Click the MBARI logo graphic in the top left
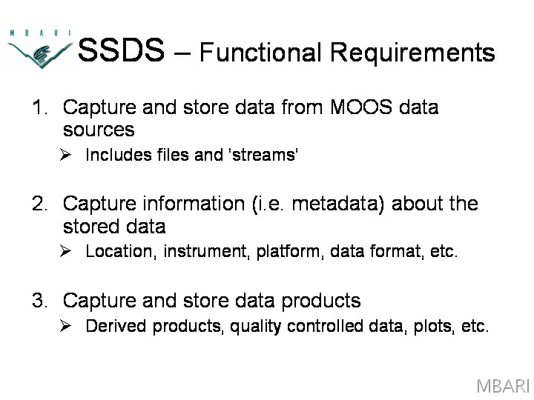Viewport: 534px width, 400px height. (40, 50)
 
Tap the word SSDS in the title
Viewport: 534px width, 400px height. (121, 50)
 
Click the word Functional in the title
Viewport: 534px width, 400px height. (260, 52)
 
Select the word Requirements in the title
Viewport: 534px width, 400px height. (412, 53)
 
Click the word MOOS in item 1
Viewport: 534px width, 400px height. (361, 107)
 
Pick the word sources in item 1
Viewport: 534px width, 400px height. (99, 130)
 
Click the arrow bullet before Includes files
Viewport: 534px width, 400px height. (65, 155)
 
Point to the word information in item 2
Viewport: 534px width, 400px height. (194, 204)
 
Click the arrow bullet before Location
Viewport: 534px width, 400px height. (65, 251)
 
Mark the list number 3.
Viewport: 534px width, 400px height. (40, 300)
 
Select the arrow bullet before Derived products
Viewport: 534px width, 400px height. (65, 326)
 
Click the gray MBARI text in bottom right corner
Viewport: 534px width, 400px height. (503, 387)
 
